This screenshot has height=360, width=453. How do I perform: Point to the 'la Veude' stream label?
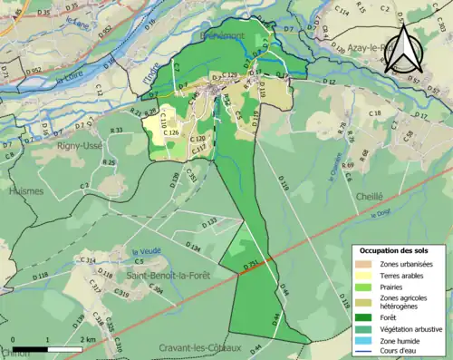point(146,252)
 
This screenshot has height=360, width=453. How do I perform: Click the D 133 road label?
point(207,221)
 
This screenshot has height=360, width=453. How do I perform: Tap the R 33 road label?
point(117,131)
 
